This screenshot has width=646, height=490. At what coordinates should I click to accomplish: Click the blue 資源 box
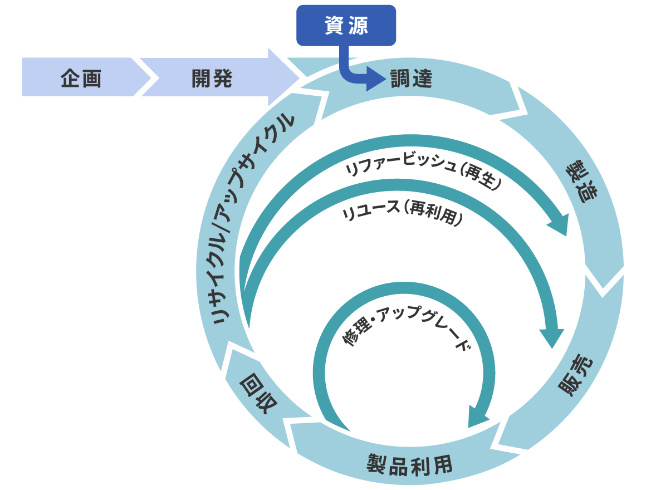pos(345,25)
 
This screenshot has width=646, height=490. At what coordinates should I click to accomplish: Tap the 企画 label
pos(81,79)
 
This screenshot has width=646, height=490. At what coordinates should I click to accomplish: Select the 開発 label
pos(212,79)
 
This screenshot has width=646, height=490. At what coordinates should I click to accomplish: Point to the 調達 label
pos(411,79)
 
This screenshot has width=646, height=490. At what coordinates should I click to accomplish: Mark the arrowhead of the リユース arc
pos(549,336)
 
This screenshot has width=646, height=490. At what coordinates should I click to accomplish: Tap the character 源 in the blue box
pos(358,25)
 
